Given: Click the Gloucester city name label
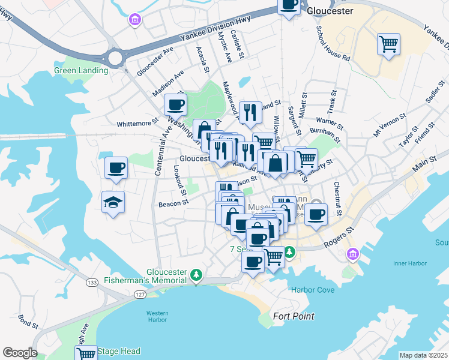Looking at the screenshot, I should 330,11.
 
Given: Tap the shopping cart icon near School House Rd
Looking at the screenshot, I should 388,44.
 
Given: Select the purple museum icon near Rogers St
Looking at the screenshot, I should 352,255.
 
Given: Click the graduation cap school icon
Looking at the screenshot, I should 112,202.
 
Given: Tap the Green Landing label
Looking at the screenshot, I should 81,70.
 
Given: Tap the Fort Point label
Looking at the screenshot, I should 294,316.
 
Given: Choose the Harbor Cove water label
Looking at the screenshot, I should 312,290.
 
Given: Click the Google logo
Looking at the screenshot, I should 20,353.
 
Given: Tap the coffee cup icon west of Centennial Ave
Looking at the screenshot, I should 116,168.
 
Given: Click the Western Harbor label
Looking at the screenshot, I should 157,316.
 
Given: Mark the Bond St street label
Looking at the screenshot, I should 28,321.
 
